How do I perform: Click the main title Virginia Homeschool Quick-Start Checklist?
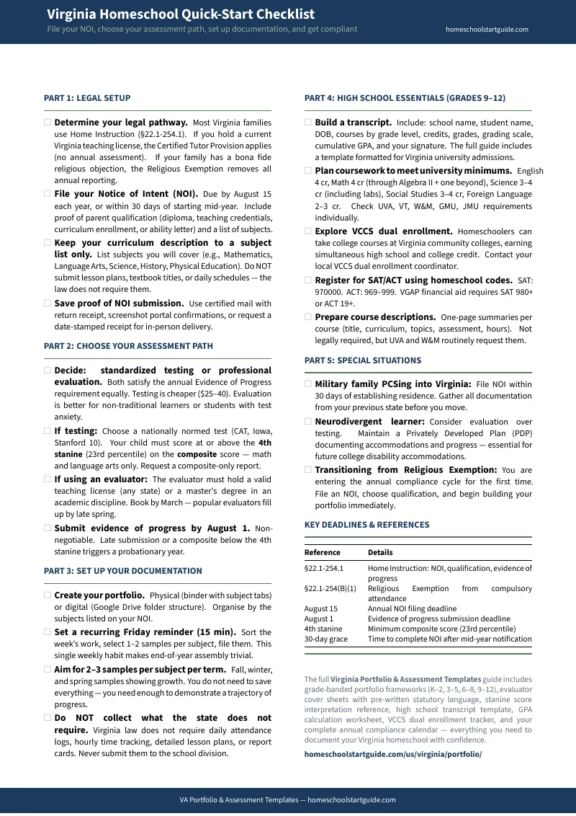pos(181,14)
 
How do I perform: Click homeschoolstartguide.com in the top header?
pos(487,30)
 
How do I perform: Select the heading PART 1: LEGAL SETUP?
pos(87,98)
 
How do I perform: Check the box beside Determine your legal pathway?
pos(48,123)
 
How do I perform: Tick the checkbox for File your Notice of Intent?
pos(48,194)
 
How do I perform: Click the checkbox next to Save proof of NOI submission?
pos(48,303)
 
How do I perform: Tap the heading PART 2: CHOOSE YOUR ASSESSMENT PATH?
pos(128,346)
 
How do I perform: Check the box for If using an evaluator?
pos(48,479)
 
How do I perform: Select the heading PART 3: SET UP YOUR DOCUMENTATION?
pos(123,571)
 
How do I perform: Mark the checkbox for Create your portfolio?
pos(48,595)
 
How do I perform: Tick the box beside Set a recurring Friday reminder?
pos(48,632)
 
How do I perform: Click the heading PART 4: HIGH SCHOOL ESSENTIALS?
pos(405,98)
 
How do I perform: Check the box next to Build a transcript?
pos(308,123)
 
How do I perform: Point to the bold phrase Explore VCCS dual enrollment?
pos(384,231)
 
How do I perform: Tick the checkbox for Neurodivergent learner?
pos(308,422)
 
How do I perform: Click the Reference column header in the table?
pos(322,552)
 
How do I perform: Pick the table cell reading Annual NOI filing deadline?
pos(412,608)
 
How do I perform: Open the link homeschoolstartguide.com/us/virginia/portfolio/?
pos(392,754)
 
